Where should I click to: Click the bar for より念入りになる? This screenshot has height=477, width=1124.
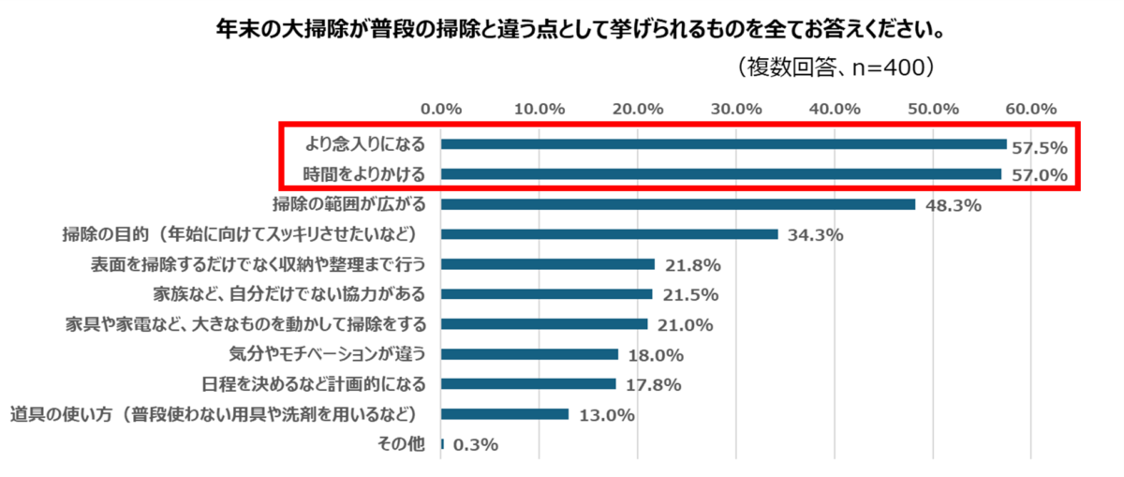point(723,144)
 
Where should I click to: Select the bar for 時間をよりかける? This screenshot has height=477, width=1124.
point(720,174)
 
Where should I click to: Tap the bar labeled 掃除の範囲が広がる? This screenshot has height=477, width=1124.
point(677,204)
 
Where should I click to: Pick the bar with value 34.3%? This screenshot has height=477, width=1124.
point(609,234)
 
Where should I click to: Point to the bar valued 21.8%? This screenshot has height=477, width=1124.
point(547,264)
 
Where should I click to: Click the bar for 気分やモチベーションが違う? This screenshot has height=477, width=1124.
point(529,354)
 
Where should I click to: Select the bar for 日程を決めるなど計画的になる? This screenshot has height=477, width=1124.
point(528,384)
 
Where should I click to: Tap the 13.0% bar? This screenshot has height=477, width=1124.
point(505,414)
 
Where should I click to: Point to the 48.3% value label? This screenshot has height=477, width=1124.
point(954,205)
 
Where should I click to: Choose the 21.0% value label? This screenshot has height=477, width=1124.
point(686,325)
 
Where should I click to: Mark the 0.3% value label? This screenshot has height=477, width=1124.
point(475,445)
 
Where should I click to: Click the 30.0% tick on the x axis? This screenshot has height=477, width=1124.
point(736,108)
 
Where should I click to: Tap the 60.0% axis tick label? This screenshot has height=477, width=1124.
point(1030,108)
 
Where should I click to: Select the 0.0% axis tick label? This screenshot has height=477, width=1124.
point(441,108)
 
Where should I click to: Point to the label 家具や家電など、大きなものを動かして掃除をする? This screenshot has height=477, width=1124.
point(246,324)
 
